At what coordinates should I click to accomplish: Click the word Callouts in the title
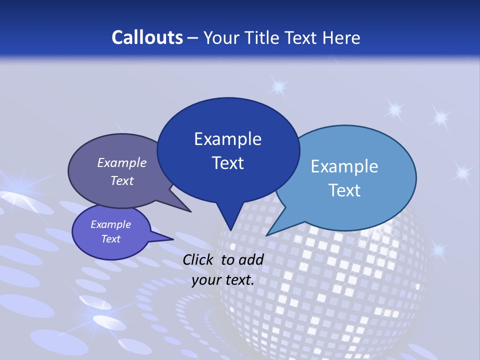[x=147, y=37]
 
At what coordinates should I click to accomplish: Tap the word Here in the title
[x=343, y=37]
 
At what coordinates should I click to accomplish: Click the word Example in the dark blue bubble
[x=227, y=139]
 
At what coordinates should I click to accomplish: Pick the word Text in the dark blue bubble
[x=227, y=163]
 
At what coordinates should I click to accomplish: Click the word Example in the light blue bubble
[x=344, y=166]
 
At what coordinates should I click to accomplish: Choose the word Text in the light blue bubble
[x=344, y=190]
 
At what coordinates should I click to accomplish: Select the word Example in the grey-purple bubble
[x=122, y=162]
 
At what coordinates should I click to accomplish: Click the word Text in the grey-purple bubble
[x=122, y=180]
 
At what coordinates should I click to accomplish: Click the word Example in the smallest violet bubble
[x=111, y=224]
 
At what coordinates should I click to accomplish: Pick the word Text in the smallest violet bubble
[x=111, y=239]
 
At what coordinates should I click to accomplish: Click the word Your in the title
[x=221, y=37]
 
